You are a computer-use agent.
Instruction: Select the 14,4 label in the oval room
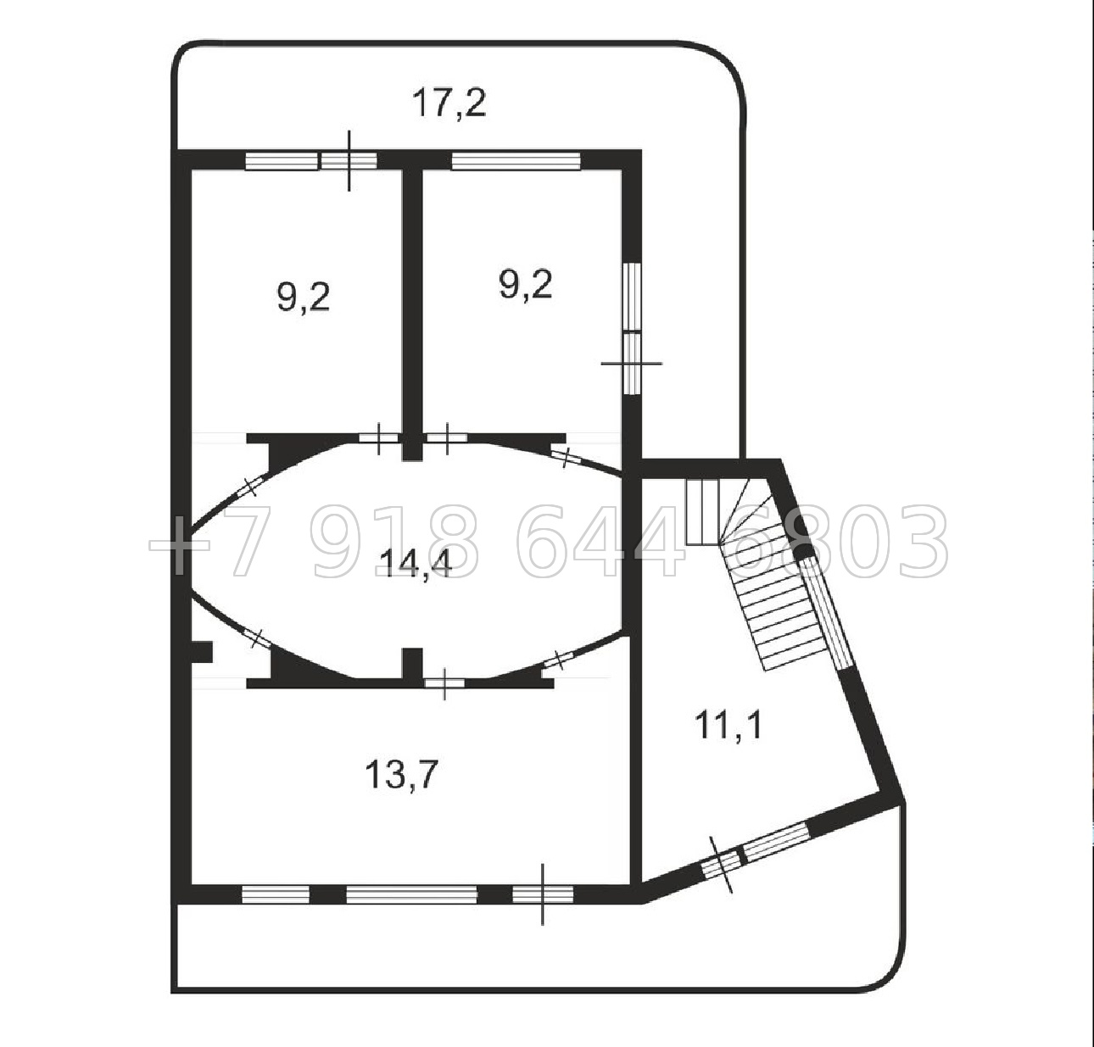coord(416,563)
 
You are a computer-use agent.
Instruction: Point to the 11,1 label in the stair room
coord(728,724)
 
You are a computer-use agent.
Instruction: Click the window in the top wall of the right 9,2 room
coord(516,161)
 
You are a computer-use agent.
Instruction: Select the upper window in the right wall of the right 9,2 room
coord(633,296)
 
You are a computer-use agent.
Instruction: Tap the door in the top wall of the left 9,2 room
coord(349,161)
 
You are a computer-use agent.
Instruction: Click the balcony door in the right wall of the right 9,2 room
coord(633,363)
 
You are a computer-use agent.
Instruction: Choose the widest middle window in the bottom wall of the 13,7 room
coord(411,894)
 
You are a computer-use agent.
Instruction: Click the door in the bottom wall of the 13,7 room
coord(543,894)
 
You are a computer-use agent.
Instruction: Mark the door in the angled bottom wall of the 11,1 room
coord(721,864)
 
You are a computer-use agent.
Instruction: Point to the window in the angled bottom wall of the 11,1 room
coord(776,843)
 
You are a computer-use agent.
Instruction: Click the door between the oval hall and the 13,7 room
coord(444,683)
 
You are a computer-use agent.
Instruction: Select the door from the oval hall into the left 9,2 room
coord(378,437)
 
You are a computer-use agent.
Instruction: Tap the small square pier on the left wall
coord(201,652)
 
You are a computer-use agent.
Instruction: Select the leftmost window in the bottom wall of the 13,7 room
coord(276,894)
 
